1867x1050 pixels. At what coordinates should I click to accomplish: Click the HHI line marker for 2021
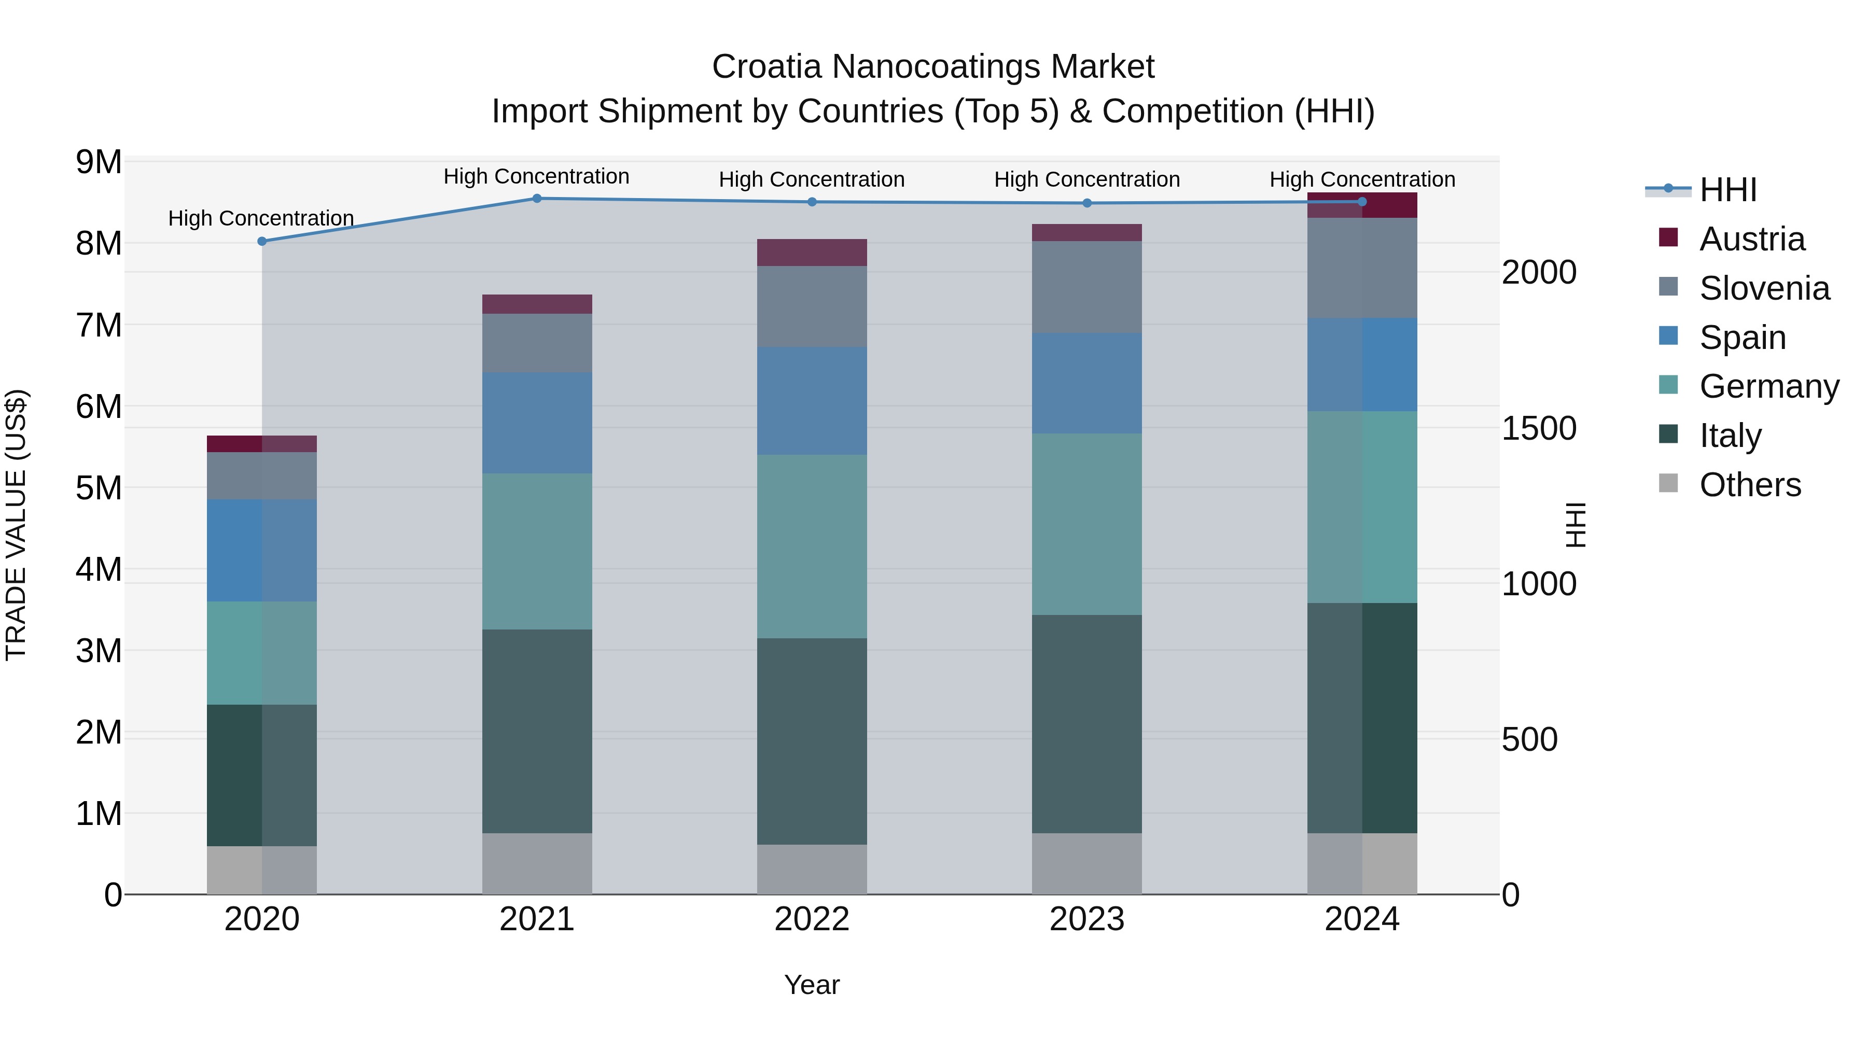pos(537,199)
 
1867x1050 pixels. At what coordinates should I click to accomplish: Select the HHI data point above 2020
pos(262,241)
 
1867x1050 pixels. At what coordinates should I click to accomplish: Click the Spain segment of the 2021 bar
pos(537,423)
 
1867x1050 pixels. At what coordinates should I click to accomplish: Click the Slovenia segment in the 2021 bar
pos(537,343)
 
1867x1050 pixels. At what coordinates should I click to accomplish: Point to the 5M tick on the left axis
pos(99,488)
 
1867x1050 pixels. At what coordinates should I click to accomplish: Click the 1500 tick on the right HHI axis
pos(1538,428)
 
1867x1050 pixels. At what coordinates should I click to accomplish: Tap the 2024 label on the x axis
pos(1361,919)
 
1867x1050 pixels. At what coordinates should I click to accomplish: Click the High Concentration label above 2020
pos(261,218)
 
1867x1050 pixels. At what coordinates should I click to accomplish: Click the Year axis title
pos(811,985)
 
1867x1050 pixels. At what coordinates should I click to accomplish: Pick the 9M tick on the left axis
pos(99,162)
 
